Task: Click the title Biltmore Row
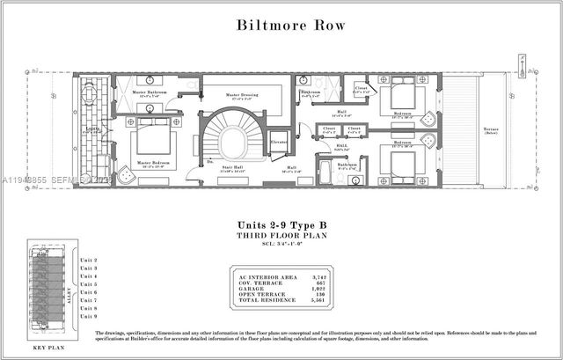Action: click(x=281, y=25)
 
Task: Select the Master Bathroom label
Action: click(x=150, y=92)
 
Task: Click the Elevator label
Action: click(x=280, y=142)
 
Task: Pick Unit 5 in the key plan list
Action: click(x=88, y=284)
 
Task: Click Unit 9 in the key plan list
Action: click(x=88, y=316)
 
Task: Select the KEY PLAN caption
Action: click(x=50, y=349)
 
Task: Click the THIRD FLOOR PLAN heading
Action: click(x=281, y=237)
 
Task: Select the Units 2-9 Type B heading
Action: click(x=281, y=225)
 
